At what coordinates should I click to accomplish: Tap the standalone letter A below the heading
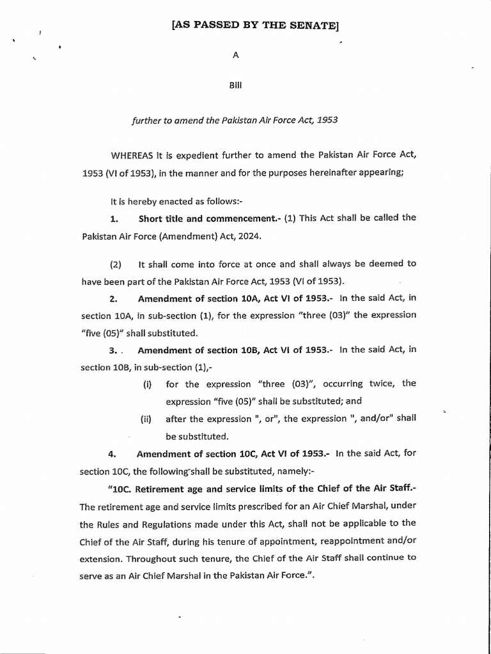tap(235, 56)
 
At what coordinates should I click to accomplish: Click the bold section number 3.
tap(112, 351)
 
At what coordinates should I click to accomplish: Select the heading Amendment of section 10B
tap(195, 351)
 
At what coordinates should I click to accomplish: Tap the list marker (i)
tap(146, 384)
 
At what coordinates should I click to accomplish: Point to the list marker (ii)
tap(146, 420)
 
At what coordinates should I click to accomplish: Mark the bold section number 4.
tap(112, 454)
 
